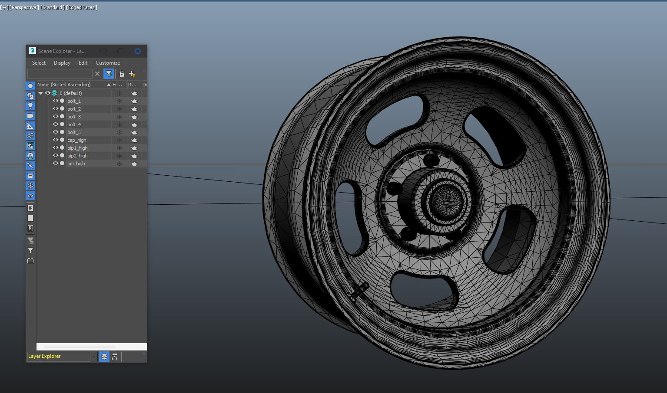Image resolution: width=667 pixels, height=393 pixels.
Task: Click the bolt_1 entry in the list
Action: [x=74, y=101]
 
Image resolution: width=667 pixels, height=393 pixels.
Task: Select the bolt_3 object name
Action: [x=74, y=117]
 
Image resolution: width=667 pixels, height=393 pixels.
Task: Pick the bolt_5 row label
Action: [x=74, y=132]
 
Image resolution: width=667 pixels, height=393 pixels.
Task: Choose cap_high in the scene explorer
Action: [x=77, y=140]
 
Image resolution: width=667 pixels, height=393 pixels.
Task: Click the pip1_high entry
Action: [x=77, y=148]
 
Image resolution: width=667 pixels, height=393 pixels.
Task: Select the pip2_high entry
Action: [x=77, y=156]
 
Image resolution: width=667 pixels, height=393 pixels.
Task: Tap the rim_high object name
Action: [x=76, y=164]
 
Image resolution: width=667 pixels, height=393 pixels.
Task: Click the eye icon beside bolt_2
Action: [x=55, y=109]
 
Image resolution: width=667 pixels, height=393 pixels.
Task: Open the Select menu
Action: [x=39, y=63]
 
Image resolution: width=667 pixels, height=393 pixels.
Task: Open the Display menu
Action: [x=62, y=63]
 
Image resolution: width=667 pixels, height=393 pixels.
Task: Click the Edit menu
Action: [x=83, y=63]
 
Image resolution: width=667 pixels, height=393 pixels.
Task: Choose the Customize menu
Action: [x=108, y=63]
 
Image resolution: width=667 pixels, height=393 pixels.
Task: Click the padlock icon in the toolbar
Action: [x=122, y=74]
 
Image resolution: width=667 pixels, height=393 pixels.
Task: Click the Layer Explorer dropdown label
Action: [x=44, y=356]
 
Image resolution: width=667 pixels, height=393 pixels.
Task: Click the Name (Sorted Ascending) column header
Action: [x=64, y=85]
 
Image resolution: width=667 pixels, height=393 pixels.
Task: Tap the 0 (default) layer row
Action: [x=71, y=93]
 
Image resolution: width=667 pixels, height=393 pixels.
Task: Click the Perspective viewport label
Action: [x=24, y=7]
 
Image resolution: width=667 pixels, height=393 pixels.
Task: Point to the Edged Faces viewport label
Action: [x=82, y=7]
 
